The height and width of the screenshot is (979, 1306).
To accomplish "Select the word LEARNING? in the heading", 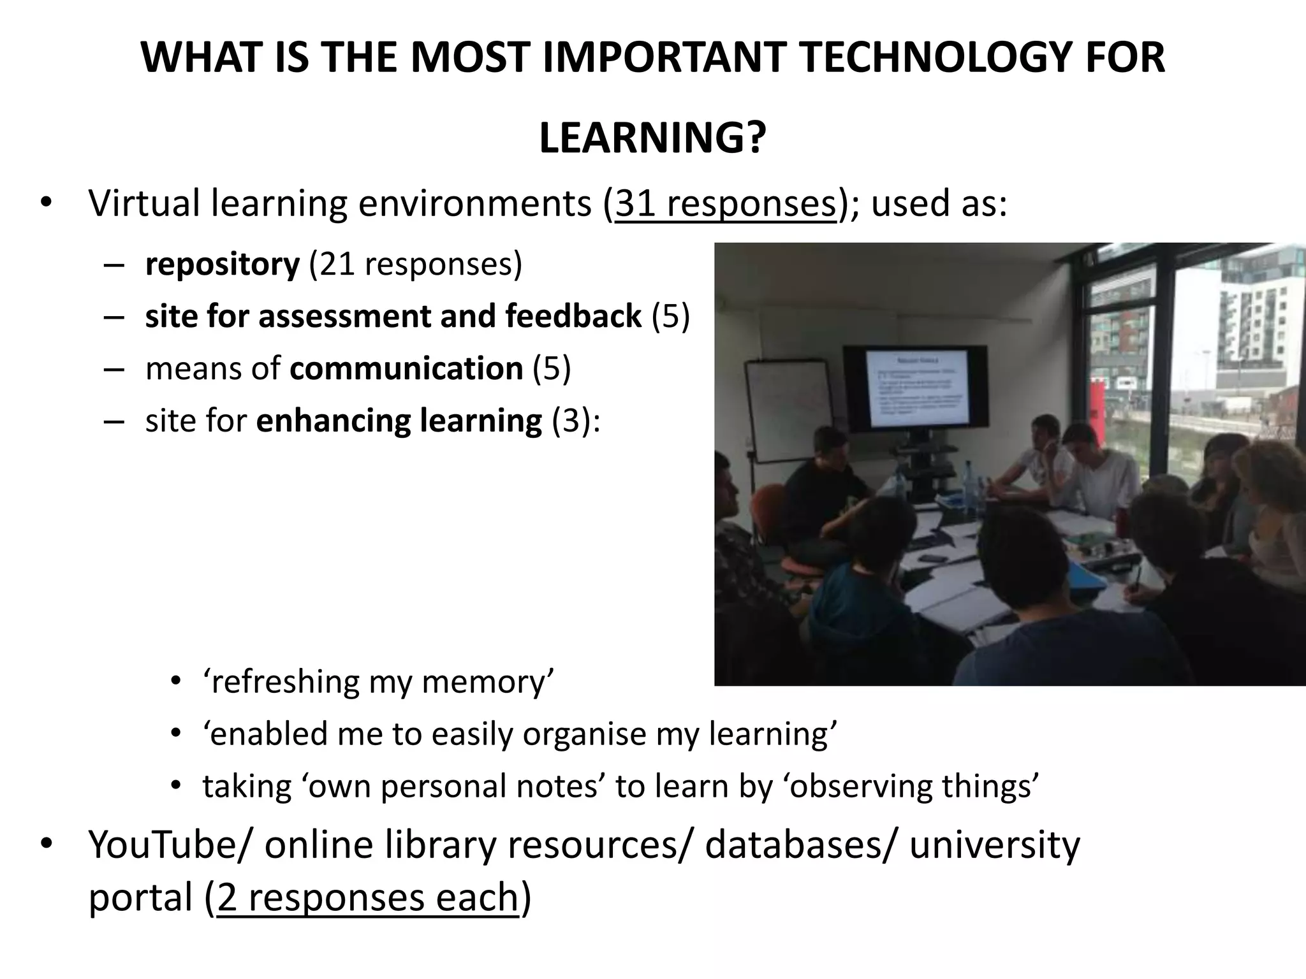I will tap(652, 138).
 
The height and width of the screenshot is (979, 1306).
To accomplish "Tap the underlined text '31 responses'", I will tap(725, 204).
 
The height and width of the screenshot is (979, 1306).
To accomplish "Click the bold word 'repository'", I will tap(222, 265).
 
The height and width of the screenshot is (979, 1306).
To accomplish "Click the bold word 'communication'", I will tap(406, 368).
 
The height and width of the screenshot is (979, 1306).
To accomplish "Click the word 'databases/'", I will tap(802, 845).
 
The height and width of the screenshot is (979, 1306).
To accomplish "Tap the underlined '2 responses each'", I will tap(368, 897).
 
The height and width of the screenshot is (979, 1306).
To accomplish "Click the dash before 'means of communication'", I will tap(112, 368).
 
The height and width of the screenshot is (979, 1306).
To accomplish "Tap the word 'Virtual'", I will tap(145, 204).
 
